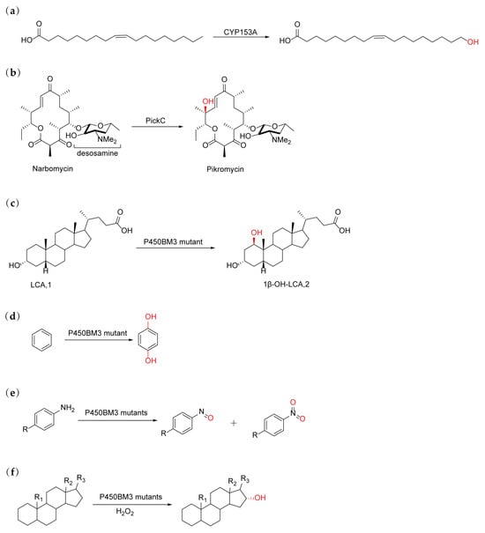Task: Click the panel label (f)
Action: tap(10, 461)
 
